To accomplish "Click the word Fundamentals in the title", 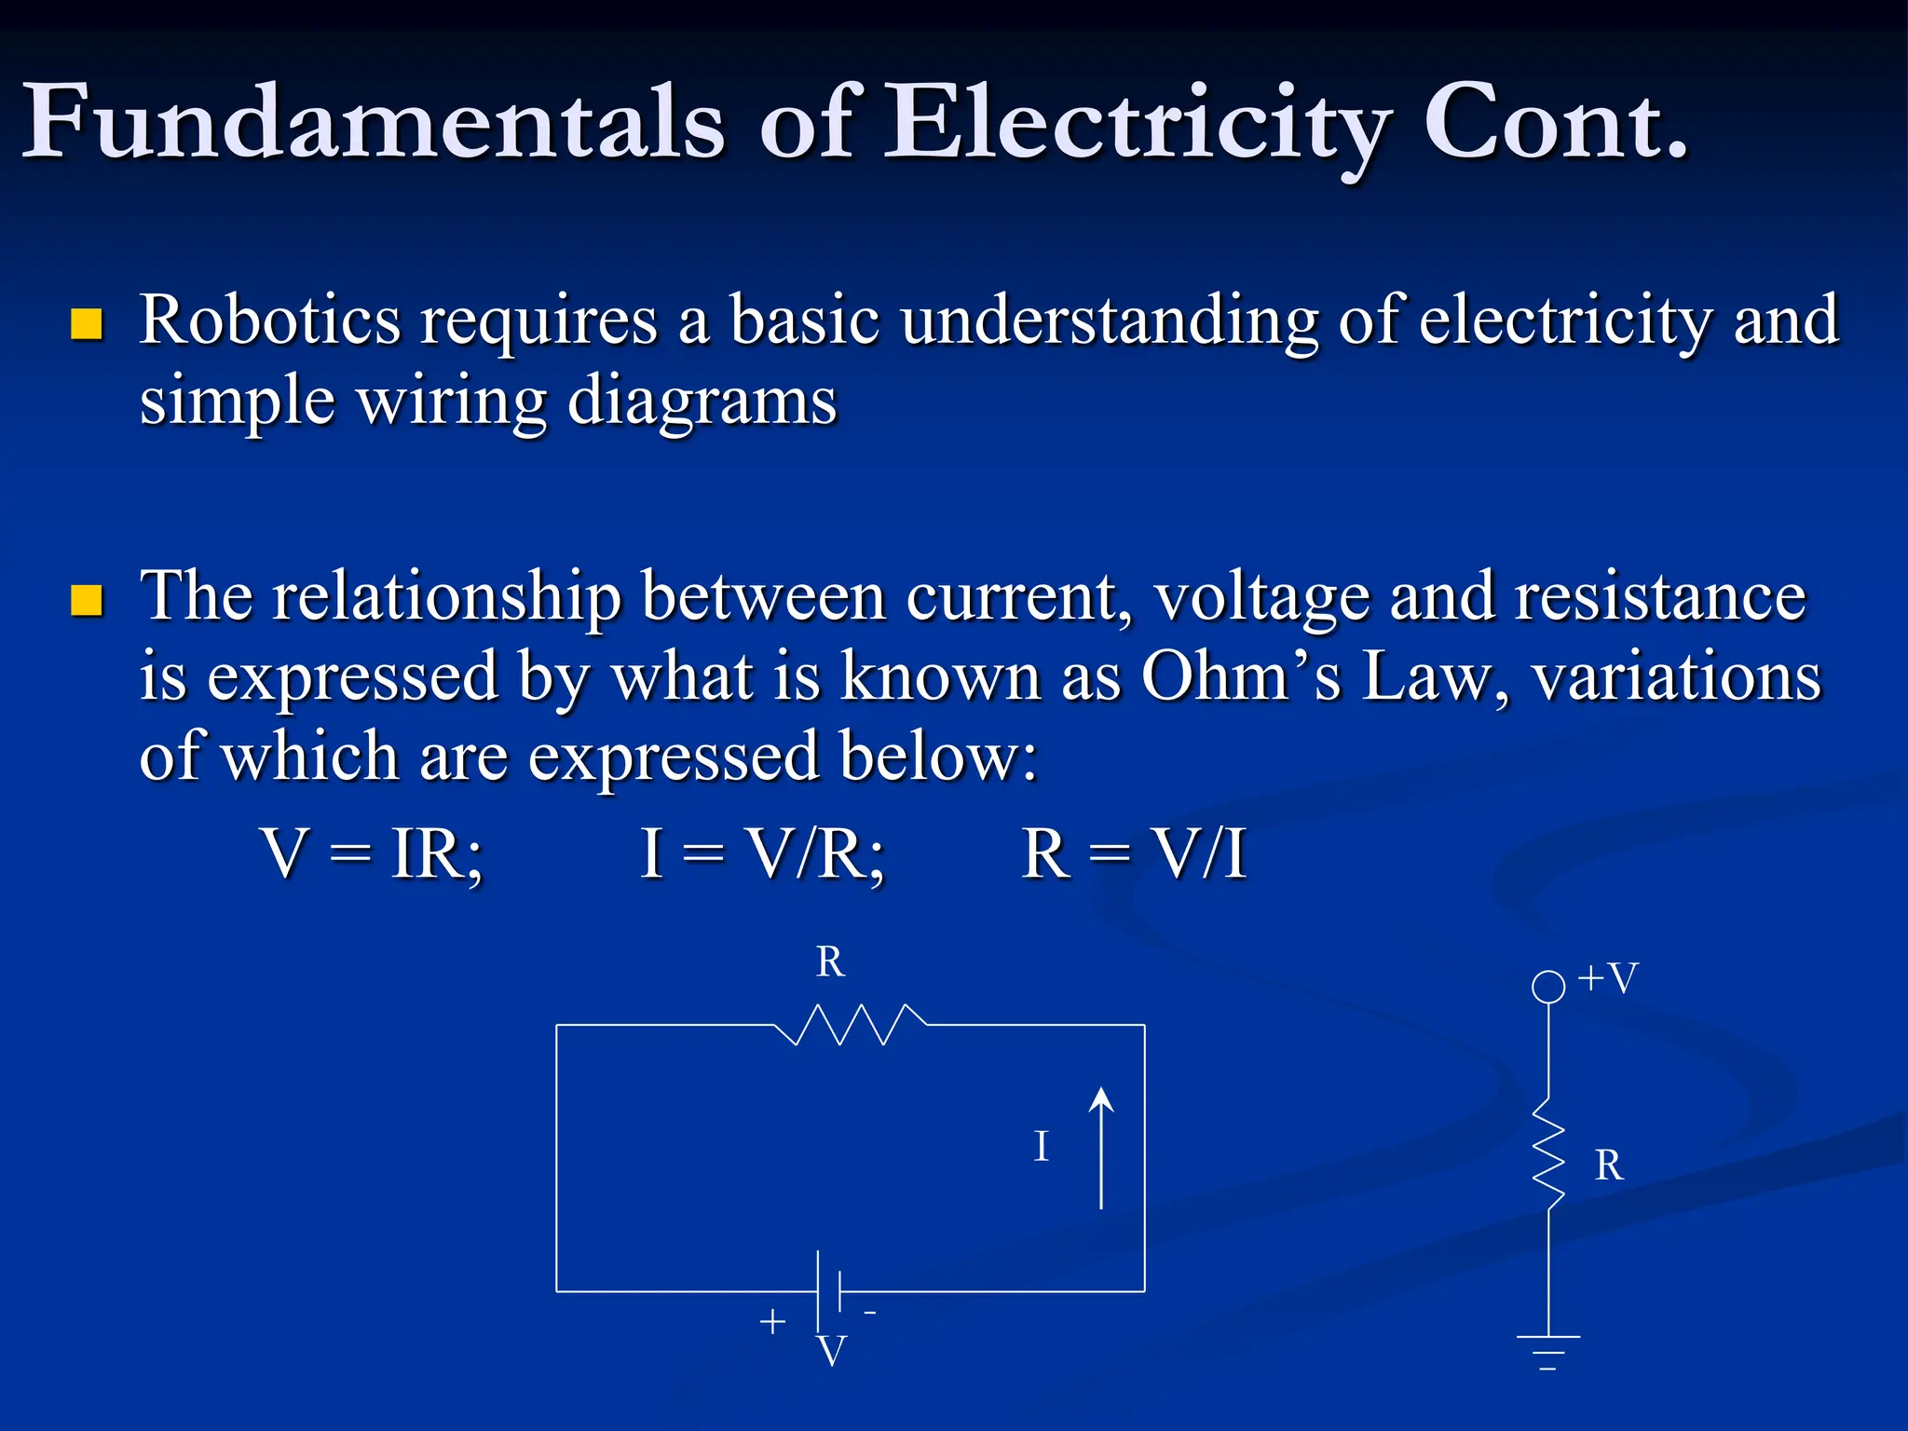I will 373,121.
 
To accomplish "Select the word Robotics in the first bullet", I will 270,320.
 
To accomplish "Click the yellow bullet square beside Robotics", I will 87,323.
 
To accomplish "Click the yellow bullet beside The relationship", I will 87,600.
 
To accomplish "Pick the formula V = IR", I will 373,852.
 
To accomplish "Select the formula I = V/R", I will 762,852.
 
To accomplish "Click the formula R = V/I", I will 1133,852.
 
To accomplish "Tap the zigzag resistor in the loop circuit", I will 851,1024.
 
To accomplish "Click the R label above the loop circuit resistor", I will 830,961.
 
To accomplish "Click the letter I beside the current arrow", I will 1042,1146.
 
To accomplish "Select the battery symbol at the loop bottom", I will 829,1291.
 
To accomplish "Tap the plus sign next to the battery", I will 772,1321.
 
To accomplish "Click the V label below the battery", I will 831,1351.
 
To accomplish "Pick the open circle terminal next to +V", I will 1548,986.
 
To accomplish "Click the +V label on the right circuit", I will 1608,978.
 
